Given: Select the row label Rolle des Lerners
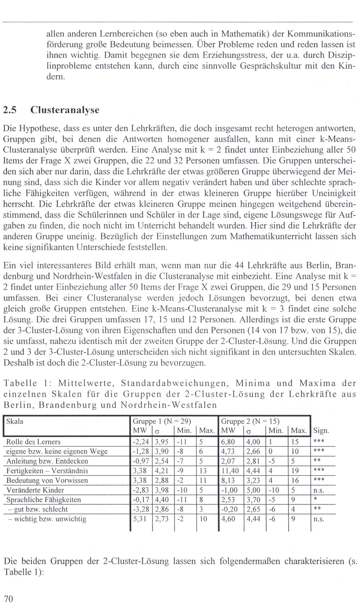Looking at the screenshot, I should point(33,442).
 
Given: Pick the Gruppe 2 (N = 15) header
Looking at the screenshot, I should point(250,421).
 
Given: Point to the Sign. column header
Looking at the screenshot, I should point(321,431).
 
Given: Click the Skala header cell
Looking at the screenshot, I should point(15,421).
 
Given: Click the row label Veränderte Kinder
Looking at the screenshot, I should point(35,490).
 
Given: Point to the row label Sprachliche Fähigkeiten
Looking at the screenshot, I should point(44,500).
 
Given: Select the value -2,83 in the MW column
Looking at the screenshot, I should point(140,490).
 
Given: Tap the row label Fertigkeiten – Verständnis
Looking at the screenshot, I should point(47,471).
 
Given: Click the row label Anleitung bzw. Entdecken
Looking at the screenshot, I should point(47,461).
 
